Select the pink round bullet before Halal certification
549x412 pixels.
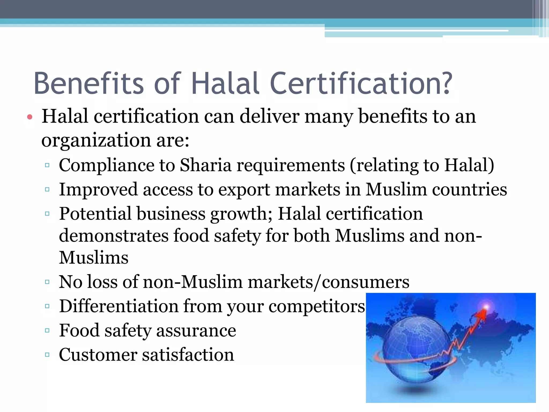[30, 117]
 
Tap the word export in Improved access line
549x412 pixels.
[244, 190]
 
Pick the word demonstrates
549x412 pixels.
[113, 236]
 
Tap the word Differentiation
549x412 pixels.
[119, 306]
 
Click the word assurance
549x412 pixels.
[196, 330]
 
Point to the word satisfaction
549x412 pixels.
[188, 355]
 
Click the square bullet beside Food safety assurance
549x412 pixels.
[47, 330]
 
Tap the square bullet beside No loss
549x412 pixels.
[47, 282]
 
